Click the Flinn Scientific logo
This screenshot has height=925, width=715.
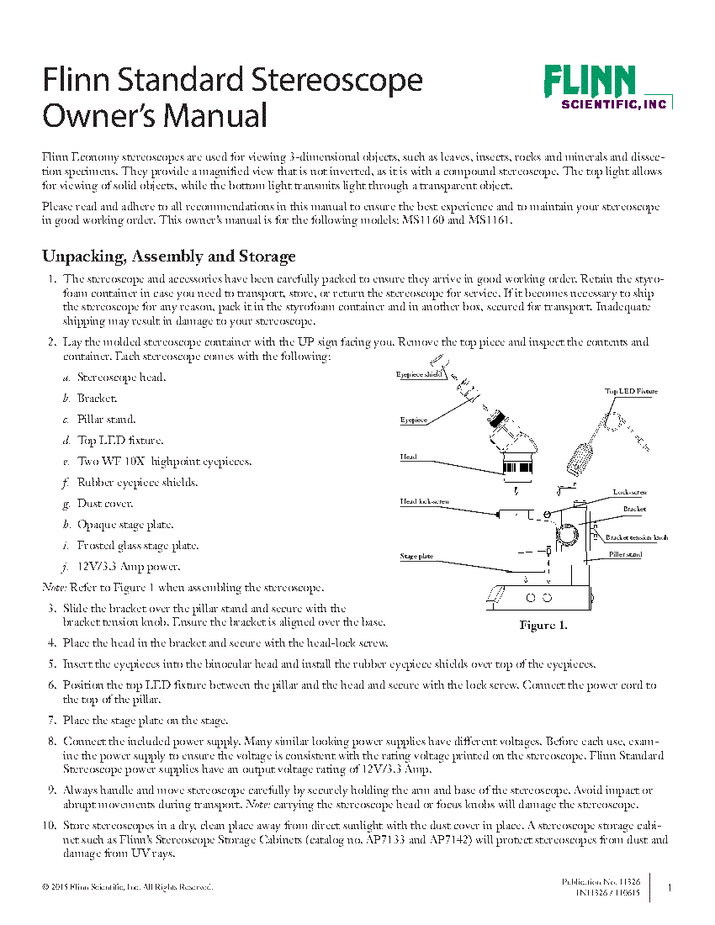(607, 87)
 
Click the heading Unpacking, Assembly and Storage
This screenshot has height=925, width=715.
(169, 256)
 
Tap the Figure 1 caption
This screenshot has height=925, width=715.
(543, 626)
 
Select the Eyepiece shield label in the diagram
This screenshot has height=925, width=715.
(419, 374)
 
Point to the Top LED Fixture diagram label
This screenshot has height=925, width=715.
(631, 391)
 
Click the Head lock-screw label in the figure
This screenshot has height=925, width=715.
(424, 501)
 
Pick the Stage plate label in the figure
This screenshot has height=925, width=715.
(416, 556)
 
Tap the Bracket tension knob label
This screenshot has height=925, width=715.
(637, 537)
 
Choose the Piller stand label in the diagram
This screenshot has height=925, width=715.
(625, 554)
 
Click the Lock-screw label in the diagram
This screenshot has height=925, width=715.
(629, 492)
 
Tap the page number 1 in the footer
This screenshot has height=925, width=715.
(669, 887)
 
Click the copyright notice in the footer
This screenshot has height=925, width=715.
(127, 886)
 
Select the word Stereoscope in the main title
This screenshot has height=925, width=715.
(336, 81)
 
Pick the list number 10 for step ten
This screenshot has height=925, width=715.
(50, 825)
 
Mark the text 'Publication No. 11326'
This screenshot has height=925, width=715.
(601, 881)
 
